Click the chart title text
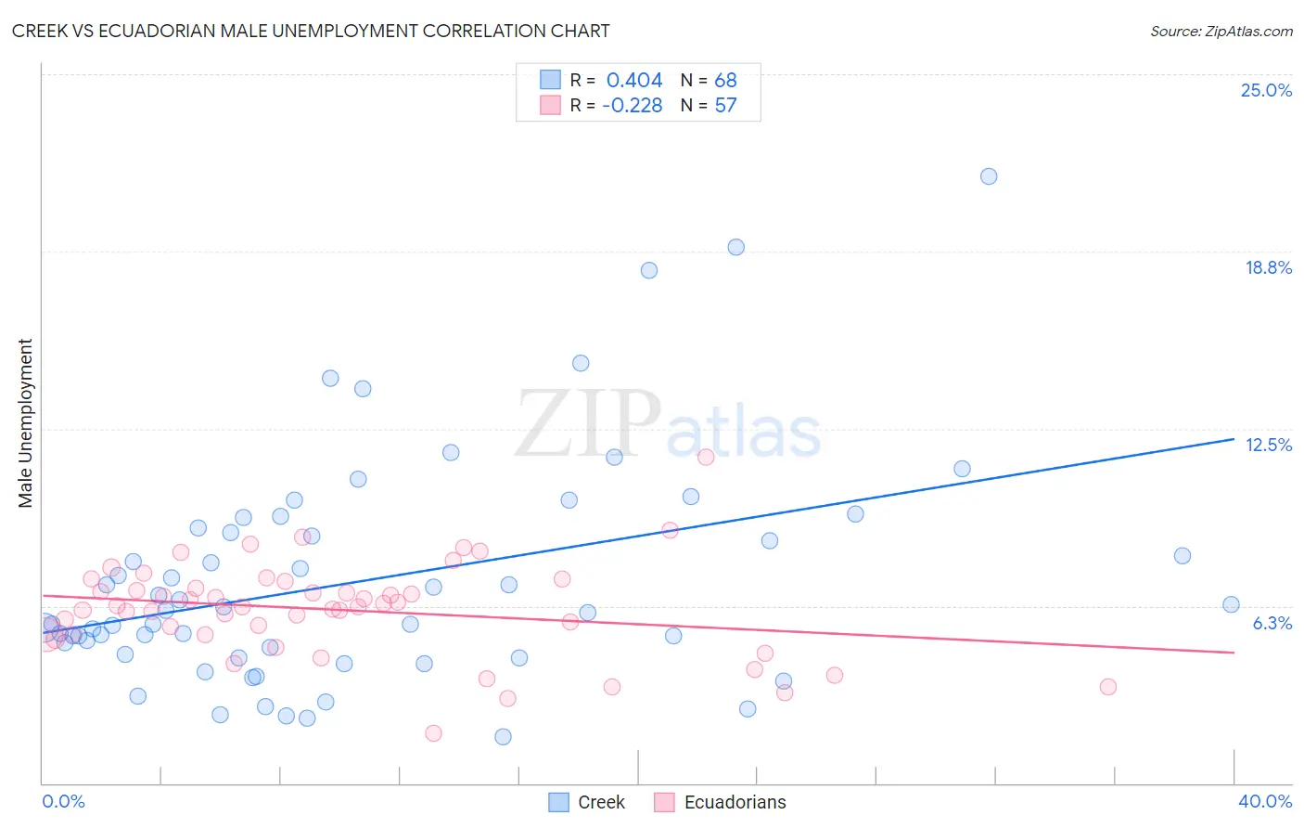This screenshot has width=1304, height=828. click(x=311, y=31)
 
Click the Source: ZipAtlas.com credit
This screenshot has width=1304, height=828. click(x=1221, y=31)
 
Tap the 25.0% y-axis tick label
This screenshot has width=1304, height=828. click(x=1266, y=90)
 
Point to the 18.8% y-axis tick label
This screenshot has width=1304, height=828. click(x=1268, y=267)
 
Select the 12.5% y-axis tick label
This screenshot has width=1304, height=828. click(x=1268, y=445)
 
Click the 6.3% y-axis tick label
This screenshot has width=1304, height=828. click(x=1272, y=623)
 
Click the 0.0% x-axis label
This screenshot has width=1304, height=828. click(x=63, y=801)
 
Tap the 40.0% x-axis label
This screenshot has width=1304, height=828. click(x=1264, y=801)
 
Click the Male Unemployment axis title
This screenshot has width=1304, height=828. click(x=25, y=422)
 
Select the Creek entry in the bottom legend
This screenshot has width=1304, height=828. click(x=600, y=802)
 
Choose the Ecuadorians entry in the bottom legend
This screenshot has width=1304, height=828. click(x=735, y=802)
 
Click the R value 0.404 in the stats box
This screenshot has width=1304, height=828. click(x=634, y=80)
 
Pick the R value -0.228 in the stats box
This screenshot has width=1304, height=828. click(x=632, y=106)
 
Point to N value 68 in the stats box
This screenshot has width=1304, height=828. click(x=725, y=80)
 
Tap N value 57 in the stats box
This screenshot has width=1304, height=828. click(x=725, y=106)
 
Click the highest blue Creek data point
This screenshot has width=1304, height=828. click(x=989, y=176)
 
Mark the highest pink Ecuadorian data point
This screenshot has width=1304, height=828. click(x=706, y=457)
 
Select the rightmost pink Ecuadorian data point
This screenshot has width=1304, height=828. click(x=1107, y=687)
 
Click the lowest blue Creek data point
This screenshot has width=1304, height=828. click(x=503, y=737)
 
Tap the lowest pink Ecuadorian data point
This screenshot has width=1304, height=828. click(x=433, y=733)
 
